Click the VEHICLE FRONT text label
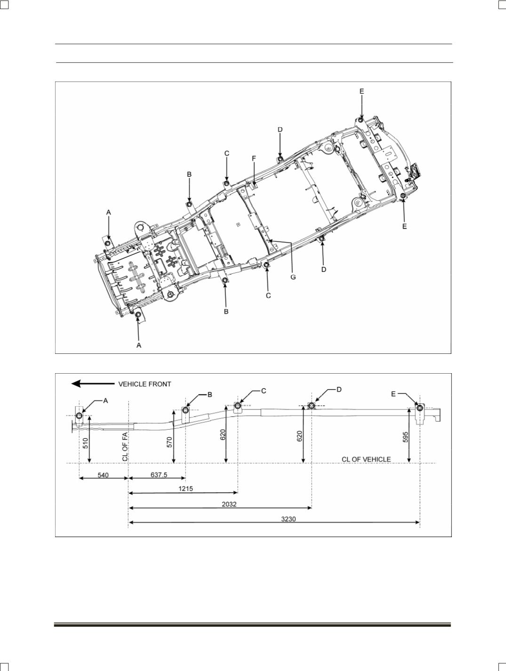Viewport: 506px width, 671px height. pos(145,384)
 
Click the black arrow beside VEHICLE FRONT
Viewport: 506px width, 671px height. pos(93,384)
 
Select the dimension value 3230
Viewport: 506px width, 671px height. pos(288,519)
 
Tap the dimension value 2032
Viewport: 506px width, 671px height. pos(229,504)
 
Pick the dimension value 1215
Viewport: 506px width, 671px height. pos(185,489)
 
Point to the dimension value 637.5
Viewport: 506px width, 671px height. pos(159,475)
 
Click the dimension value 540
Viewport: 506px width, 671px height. pos(103,475)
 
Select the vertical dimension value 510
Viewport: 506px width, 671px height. pos(86,443)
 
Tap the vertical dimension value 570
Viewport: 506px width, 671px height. pos(170,442)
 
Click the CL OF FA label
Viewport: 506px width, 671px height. pos(125,449)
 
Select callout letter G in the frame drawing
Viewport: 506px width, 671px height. pos(293,277)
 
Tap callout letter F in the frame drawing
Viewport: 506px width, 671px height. pos(254,158)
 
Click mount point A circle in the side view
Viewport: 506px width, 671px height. pos(79,416)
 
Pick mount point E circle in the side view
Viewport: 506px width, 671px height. pos(420,408)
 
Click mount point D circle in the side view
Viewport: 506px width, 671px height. pos(312,406)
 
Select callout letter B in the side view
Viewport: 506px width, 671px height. pos(210,395)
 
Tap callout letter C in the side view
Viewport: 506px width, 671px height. pos(264,391)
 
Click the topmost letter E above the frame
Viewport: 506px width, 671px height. pos(362,91)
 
